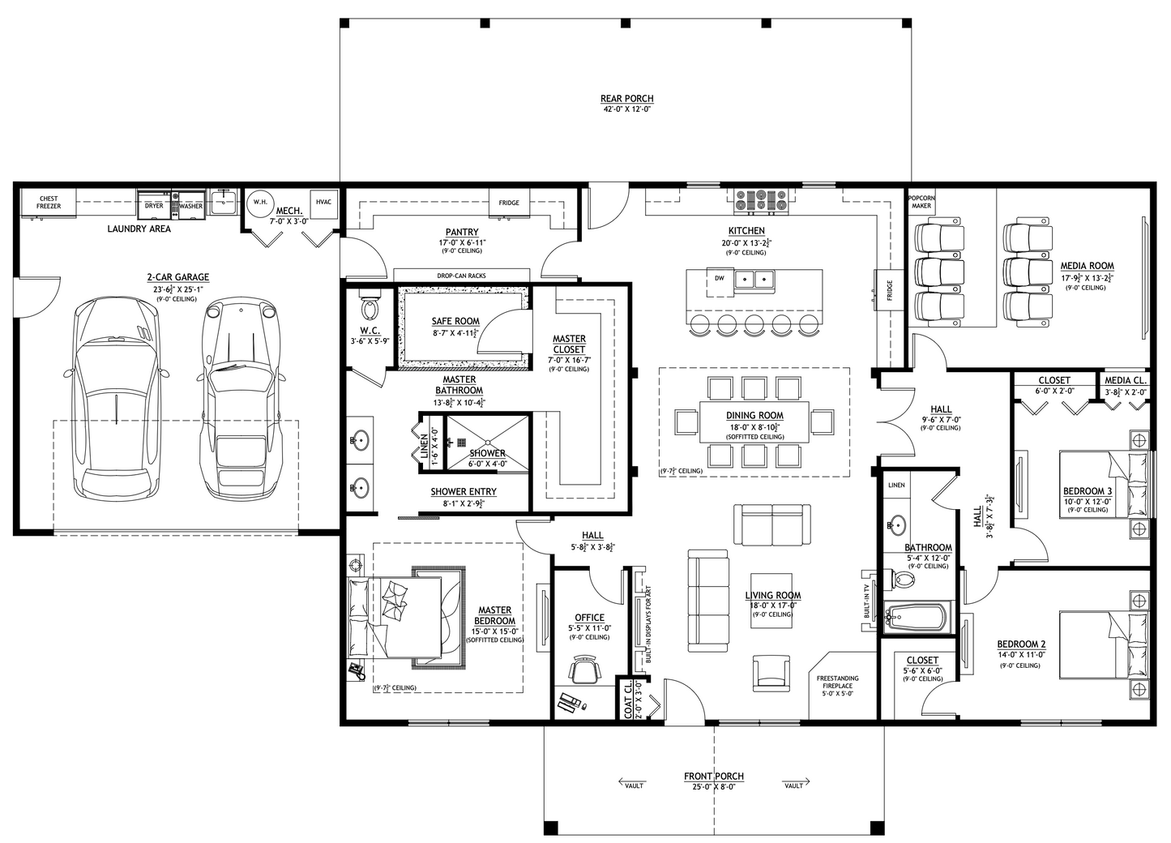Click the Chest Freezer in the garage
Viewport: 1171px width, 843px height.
click(48, 203)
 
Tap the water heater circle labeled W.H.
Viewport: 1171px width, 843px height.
click(260, 202)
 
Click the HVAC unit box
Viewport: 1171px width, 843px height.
click(324, 203)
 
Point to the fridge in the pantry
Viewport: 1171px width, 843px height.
click(509, 203)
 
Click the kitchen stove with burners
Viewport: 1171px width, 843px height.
click(762, 201)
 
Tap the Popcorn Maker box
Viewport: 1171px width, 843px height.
click(921, 202)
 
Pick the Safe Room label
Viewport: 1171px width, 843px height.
click(455, 321)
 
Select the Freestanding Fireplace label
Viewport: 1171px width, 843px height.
click(837, 682)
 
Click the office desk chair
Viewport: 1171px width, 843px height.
click(586, 670)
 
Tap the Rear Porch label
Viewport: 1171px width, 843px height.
click(626, 99)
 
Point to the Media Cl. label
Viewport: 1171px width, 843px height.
click(1126, 380)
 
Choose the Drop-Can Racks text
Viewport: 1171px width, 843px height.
click(461, 276)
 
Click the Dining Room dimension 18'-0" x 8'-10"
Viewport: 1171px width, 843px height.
click(754, 426)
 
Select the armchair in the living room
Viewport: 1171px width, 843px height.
click(771, 673)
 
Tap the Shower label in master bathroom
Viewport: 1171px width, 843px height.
click(487, 453)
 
